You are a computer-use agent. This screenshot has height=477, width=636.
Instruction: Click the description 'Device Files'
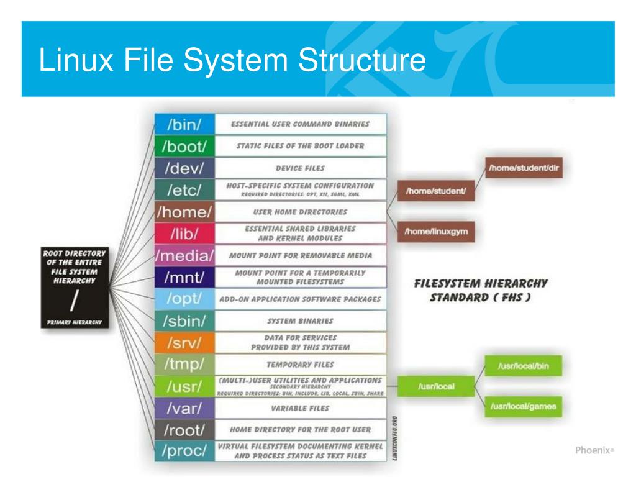click(x=301, y=168)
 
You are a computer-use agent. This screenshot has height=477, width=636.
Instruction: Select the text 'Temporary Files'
click(x=301, y=364)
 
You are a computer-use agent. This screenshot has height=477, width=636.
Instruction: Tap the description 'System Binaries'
click(x=301, y=321)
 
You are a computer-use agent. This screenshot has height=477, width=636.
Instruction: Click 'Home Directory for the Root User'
click(x=301, y=429)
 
